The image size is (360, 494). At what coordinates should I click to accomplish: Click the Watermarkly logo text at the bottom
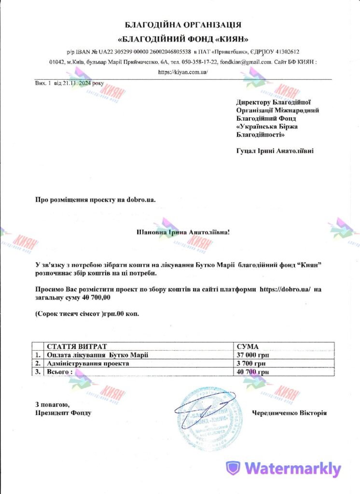pos(292,468)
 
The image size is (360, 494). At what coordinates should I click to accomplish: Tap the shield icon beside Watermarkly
pos(234,468)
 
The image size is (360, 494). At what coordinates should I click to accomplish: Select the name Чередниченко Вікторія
pos(289,413)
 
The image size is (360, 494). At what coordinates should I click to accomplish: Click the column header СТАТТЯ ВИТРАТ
pos(76,347)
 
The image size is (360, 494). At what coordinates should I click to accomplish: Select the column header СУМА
pos(248,347)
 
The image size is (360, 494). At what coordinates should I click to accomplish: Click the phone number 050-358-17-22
pos(198,62)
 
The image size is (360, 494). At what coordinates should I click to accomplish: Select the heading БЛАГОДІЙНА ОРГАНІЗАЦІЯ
pos(183,24)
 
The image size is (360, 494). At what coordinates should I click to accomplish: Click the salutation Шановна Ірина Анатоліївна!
pos(184,232)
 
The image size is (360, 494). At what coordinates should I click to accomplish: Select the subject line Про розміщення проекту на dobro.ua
pos(96,199)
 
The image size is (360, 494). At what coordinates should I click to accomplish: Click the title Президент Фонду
pos(63,413)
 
